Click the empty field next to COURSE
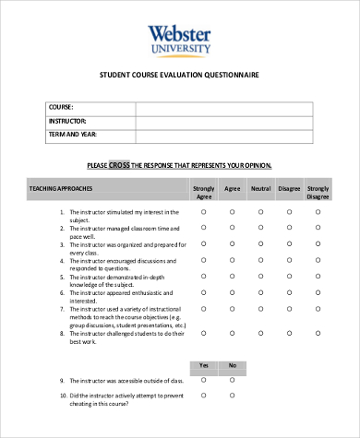224,108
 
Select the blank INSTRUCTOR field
224,122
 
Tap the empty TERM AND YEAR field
224,136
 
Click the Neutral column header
260,188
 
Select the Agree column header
232,188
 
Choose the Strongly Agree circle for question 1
204,212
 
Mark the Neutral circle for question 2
260,228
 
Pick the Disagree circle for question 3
289,244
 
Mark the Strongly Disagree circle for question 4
318,260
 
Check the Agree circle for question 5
232,276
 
